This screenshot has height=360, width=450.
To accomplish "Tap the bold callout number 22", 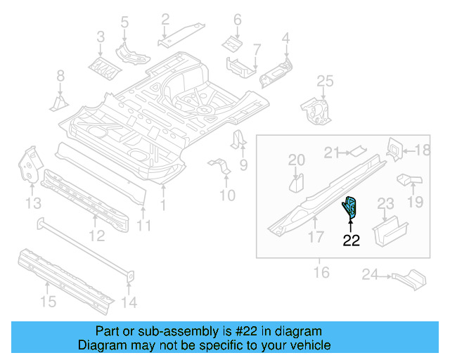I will tap(351, 240).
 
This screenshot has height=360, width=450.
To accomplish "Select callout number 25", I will tap(324, 83).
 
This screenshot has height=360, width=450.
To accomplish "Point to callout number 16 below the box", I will tap(321, 271).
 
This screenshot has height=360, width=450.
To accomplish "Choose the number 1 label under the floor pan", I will tap(163, 205).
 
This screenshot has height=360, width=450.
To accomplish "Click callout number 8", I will tap(60, 75).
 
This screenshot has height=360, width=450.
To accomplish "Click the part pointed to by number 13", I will tap(28, 163).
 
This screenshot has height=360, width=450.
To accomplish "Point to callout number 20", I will tap(297, 160).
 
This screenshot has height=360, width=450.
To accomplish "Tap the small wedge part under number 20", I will tap(296, 184).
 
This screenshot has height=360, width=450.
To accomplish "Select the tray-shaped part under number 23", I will tap(390, 231).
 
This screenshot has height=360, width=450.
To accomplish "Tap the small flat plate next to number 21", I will tap(358, 149).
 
